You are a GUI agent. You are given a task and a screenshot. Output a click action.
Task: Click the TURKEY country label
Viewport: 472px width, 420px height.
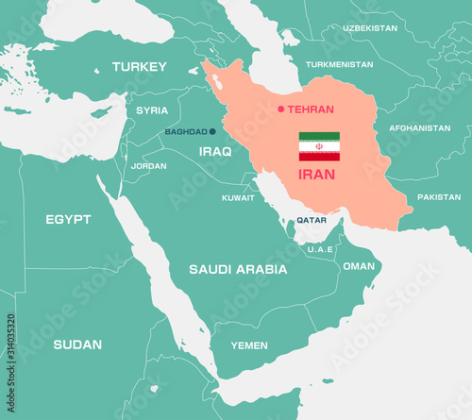click(139, 67)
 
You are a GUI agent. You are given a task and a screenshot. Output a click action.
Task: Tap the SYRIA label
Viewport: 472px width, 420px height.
click(152, 110)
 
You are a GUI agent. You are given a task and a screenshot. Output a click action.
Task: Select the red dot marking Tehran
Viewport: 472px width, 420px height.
click(280, 109)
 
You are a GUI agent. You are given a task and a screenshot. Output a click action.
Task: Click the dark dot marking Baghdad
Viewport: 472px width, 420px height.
click(212, 132)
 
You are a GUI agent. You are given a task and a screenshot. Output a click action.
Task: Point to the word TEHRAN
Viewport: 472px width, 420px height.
click(311, 109)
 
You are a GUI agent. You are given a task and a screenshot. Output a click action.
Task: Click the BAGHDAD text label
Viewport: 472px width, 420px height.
click(186, 132)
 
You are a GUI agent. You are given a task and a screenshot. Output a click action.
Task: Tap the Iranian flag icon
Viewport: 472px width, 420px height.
click(319, 147)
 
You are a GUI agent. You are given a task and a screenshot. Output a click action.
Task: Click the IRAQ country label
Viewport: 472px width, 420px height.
click(215, 151)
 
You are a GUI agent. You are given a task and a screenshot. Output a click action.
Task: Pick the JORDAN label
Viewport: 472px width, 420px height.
click(148, 166)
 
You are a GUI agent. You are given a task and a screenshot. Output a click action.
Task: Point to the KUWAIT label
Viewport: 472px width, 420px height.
click(238, 198)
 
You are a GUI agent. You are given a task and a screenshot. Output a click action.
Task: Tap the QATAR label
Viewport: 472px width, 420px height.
click(312, 220)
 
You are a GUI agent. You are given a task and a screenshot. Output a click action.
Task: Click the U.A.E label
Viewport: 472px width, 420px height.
click(320, 249)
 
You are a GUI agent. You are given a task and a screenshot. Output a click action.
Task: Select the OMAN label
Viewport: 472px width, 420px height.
click(359, 266)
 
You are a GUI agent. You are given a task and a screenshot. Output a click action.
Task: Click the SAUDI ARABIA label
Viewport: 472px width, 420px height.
click(238, 269)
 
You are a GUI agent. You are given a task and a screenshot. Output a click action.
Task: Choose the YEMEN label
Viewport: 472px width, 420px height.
click(249, 345)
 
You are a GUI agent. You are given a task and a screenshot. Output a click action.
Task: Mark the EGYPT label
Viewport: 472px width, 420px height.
click(69, 219)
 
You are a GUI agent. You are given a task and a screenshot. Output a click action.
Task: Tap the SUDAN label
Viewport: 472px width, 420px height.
click(77, 344)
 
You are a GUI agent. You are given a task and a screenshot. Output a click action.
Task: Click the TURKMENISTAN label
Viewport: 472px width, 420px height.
click(340, 64)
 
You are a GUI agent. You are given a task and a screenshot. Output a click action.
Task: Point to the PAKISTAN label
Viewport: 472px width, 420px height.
click(439, 197)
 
